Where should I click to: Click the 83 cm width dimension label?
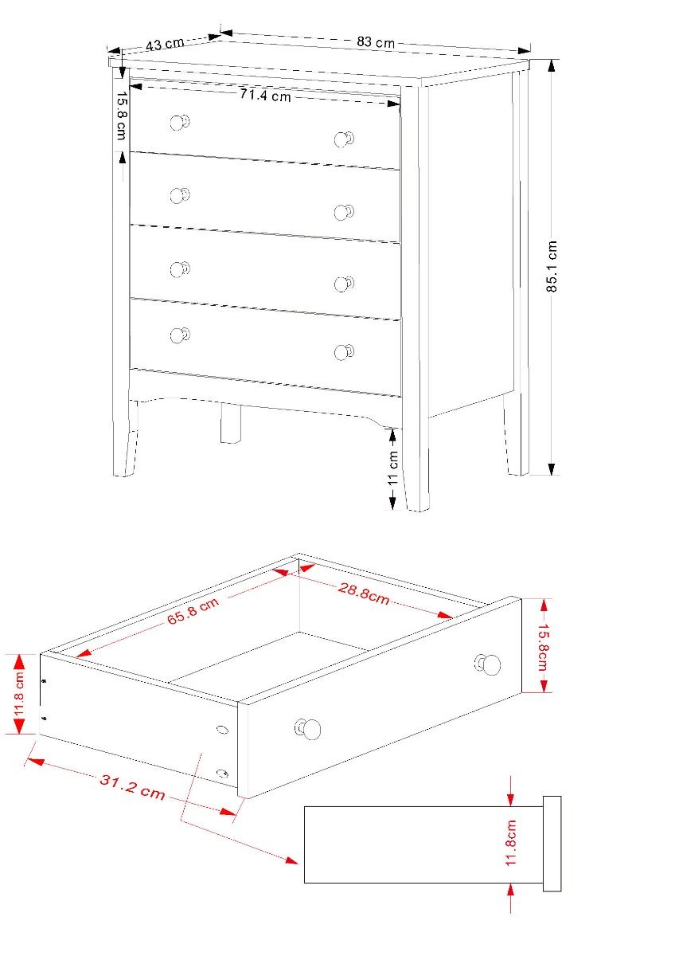point(376,41)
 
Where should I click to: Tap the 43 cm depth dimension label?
point(165,44)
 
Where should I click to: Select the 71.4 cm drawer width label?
point(265,95)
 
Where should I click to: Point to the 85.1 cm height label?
point(552,266)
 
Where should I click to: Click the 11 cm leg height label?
point(392,468)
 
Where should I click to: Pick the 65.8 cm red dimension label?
point(193,610)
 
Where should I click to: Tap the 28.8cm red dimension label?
point(364,594)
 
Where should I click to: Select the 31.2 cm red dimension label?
point(132,786)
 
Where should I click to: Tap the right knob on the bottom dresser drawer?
point(344,352)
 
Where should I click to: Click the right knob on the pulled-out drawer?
point(487,664)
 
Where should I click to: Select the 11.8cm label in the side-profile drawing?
point(510,843)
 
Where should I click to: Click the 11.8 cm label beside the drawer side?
point(20,695)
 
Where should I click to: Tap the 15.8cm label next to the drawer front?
point(544,647)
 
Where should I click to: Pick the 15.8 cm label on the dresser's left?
point(122,116)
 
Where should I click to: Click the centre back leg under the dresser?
point(230,423)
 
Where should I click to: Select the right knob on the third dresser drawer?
point(344,284)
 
